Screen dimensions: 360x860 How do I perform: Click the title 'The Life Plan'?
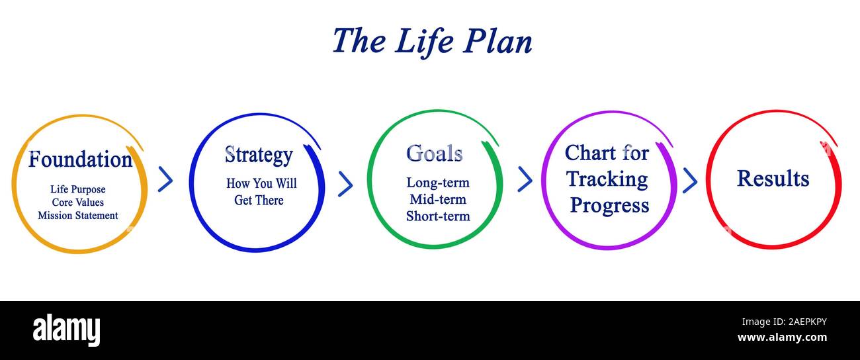point(431,41)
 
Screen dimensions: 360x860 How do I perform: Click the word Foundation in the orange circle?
point(80,159)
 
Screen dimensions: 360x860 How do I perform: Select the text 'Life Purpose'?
point(77,189)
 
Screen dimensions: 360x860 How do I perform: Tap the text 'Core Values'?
point(77,202)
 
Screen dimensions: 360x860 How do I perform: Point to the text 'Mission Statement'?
point(77,216)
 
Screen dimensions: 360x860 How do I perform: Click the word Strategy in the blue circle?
point(258,155)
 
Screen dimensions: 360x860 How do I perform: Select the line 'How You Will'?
point(261,183)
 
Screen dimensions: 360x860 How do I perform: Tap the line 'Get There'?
point(259,200)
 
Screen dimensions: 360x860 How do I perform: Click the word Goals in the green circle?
point(434,154)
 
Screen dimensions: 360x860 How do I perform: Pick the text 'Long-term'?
point(437,183)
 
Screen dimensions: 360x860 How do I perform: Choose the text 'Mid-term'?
point(437,199)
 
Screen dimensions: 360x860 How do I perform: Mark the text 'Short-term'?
point(437,216)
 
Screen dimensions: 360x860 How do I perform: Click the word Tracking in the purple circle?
point(607,179)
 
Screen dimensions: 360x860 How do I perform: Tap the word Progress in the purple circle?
point(609,205)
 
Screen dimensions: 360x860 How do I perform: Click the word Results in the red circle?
point(773,179)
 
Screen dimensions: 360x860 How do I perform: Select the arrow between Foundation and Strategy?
point(165,179)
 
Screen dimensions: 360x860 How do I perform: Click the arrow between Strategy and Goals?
point(345,184)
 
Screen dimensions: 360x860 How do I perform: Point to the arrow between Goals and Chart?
point(525,179)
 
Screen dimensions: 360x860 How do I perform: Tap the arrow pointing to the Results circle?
point(690,180)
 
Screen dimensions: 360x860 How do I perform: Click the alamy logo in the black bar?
point(66,330)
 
